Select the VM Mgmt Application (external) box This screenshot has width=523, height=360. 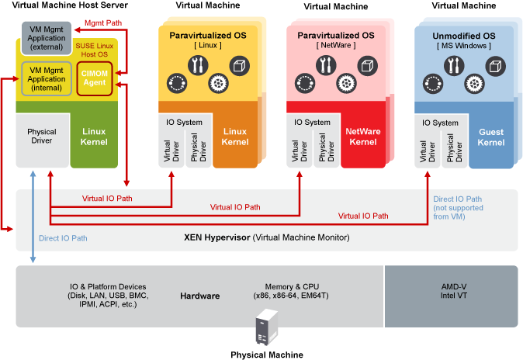click(x=46, y=36)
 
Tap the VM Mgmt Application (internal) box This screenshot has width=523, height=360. click(x=46, y=77)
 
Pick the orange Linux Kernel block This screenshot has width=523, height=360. click(x=235, y=137)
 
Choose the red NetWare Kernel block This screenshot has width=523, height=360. click(x=363, y=137)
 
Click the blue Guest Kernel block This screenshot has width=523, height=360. click(x=491, y=137)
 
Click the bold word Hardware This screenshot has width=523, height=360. click(x=200, y=296)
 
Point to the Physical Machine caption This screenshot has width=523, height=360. click(x=266, y=355)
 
